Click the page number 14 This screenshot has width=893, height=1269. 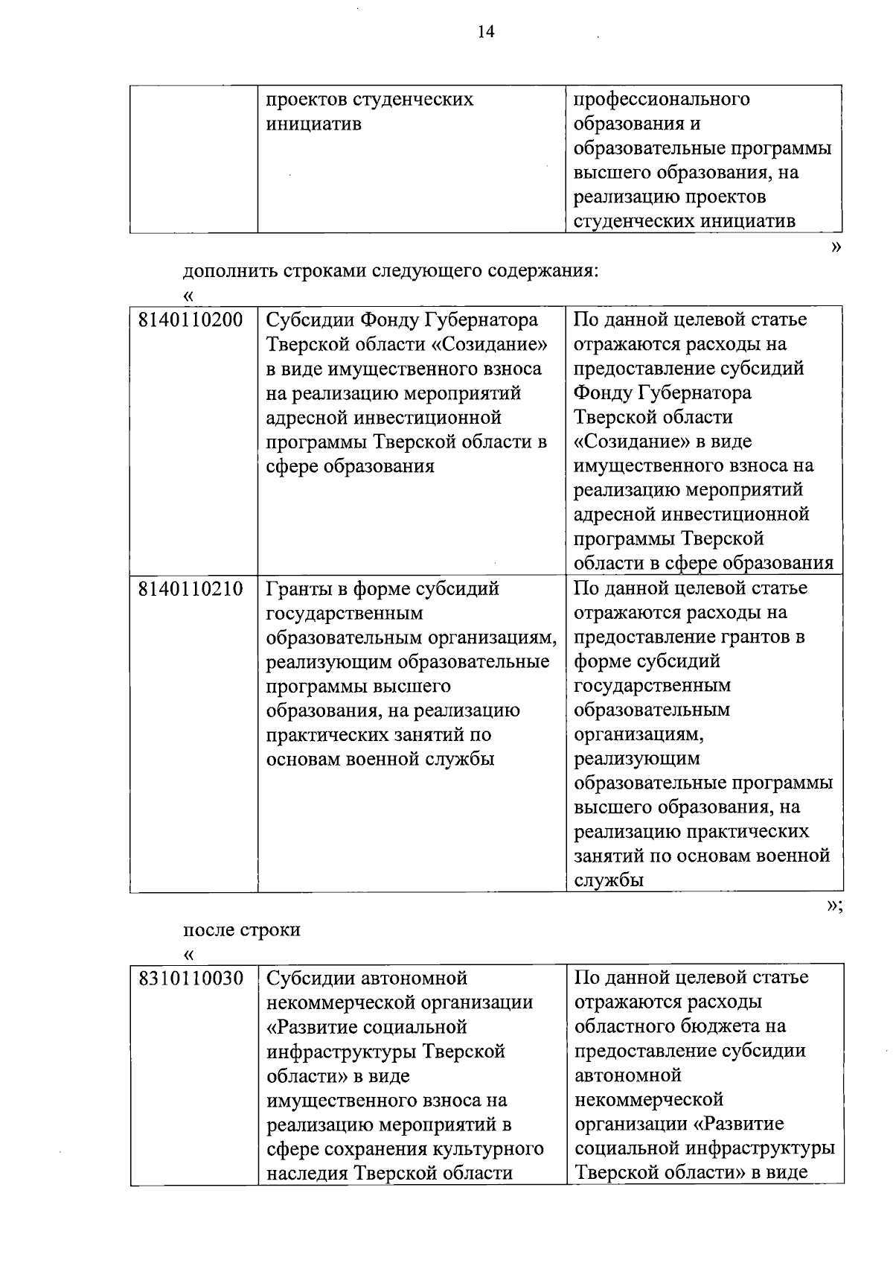click(484, 31)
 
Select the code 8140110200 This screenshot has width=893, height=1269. click(191, 320)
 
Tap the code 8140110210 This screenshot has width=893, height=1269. click(191, 589)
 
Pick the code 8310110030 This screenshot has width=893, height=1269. click(191, 979)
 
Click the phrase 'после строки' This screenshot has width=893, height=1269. click(242, 930)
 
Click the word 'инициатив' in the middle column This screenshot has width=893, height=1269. click(314, 124)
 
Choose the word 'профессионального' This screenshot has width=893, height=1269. click(662, 99)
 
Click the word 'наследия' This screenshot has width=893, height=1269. click(307, 1174)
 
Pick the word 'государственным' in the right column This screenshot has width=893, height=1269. click(652, 685)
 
